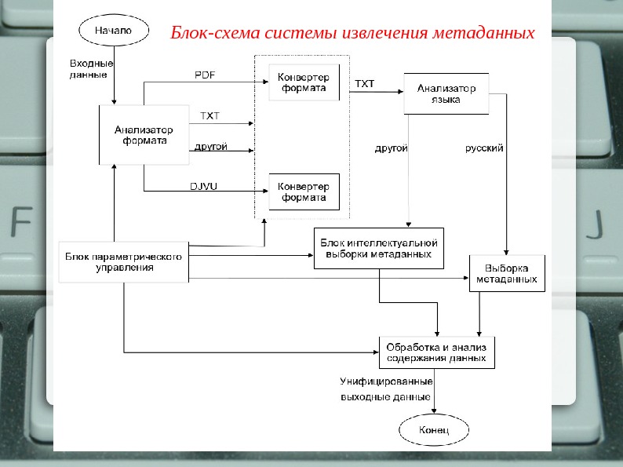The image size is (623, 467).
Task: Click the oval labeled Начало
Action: coord(114,31)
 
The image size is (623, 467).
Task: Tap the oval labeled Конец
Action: coord(434,430)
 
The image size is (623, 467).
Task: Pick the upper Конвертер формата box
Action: coord(304,83)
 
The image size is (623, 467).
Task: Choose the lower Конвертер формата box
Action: coord(304,192)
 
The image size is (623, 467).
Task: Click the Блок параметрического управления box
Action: coord(124,262)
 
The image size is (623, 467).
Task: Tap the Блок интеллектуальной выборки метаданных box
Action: coord(379,249)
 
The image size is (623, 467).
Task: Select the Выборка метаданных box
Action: coord(508,273)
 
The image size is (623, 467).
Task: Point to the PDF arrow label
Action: coord(205,75)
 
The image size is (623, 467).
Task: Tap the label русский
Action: coord(484,148)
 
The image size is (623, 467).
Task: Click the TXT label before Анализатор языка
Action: coord(365,83)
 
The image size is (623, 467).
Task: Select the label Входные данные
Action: coord(91,68)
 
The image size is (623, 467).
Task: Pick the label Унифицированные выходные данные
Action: coord(385,389)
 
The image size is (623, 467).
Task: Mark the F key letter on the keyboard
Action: coord(21,224)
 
